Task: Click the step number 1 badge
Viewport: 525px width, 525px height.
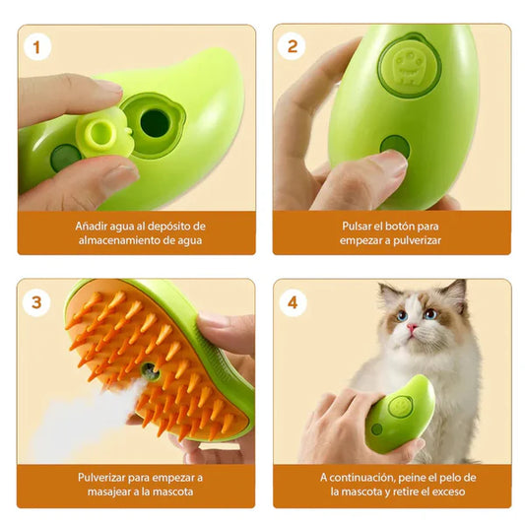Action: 36,46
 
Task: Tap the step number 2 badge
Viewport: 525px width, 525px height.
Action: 292,46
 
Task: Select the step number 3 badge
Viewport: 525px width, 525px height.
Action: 37,301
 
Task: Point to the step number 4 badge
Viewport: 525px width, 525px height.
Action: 292,301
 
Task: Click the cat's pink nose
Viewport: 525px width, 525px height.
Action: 416,332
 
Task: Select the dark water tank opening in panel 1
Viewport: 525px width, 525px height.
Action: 156,122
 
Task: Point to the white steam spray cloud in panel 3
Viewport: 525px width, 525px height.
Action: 79,419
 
